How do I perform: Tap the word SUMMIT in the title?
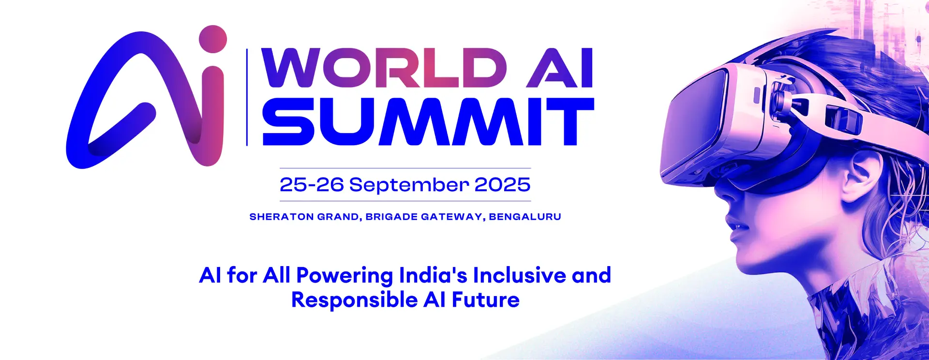[x=428, y=121]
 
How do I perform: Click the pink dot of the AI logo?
[x=212, y=39]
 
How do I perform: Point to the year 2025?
[x=503, y=184]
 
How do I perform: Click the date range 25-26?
[x=312, y=184]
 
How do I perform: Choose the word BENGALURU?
[x=525, y=217]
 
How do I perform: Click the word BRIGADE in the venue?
[x=391, y=217]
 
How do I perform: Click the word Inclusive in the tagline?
[x=519, y=275]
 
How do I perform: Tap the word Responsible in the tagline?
[x=354, y=300]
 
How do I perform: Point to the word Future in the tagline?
[x=486, y=300]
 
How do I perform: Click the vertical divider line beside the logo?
[x=247, y=97]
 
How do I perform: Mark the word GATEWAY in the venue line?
[x=452, y=217]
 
